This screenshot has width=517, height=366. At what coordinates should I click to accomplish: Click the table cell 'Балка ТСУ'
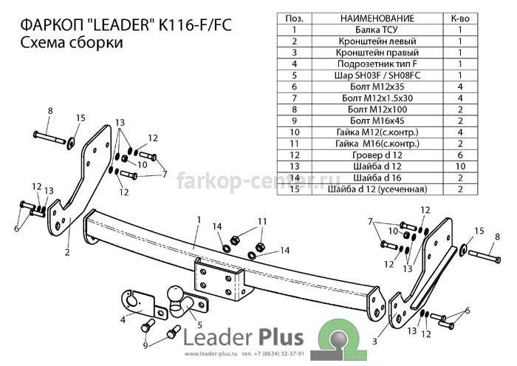pos(377,30)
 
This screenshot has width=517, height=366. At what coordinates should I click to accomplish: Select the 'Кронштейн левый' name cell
pos(377,41)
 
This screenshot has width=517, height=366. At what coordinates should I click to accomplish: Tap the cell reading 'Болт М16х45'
pos(377,121)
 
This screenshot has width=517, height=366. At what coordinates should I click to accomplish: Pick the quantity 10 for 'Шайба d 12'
pos(460,166)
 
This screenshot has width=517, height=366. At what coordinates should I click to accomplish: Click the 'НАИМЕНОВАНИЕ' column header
pos(377,18)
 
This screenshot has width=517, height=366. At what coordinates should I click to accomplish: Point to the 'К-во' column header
pos(460,18)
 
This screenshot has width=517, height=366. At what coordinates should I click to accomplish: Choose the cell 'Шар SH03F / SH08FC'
pos(377,75)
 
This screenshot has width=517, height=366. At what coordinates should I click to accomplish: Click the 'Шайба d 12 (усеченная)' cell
pos(377,189)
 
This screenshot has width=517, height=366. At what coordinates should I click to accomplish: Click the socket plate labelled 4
pos(141,304)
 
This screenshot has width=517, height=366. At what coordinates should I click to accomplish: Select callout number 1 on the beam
pos(199,220)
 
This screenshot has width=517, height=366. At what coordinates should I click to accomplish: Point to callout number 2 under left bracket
pos(67,252)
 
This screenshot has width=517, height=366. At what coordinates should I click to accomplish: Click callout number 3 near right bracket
pos(374,341)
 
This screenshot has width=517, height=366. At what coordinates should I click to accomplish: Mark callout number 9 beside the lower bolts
pos(145,345)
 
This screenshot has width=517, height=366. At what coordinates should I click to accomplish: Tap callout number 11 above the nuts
pos(262,221)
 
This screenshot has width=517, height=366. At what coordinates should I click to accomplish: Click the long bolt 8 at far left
pos(49,138)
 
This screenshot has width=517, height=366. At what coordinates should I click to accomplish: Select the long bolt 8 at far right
pos(485,256)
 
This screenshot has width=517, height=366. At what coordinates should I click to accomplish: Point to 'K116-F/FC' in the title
pos(195,25)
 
